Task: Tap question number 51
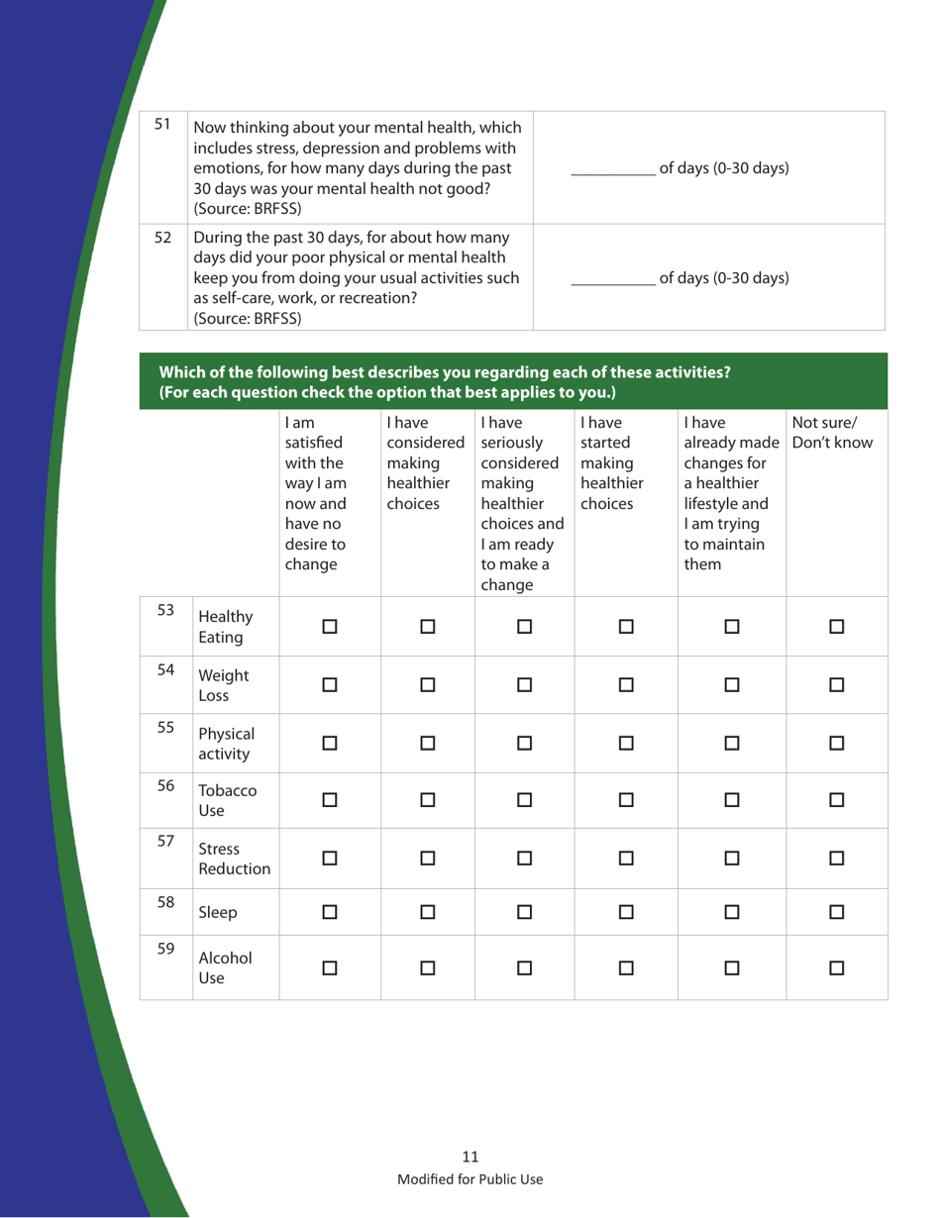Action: [168, 126]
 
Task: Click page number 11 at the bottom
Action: [470, 1156]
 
